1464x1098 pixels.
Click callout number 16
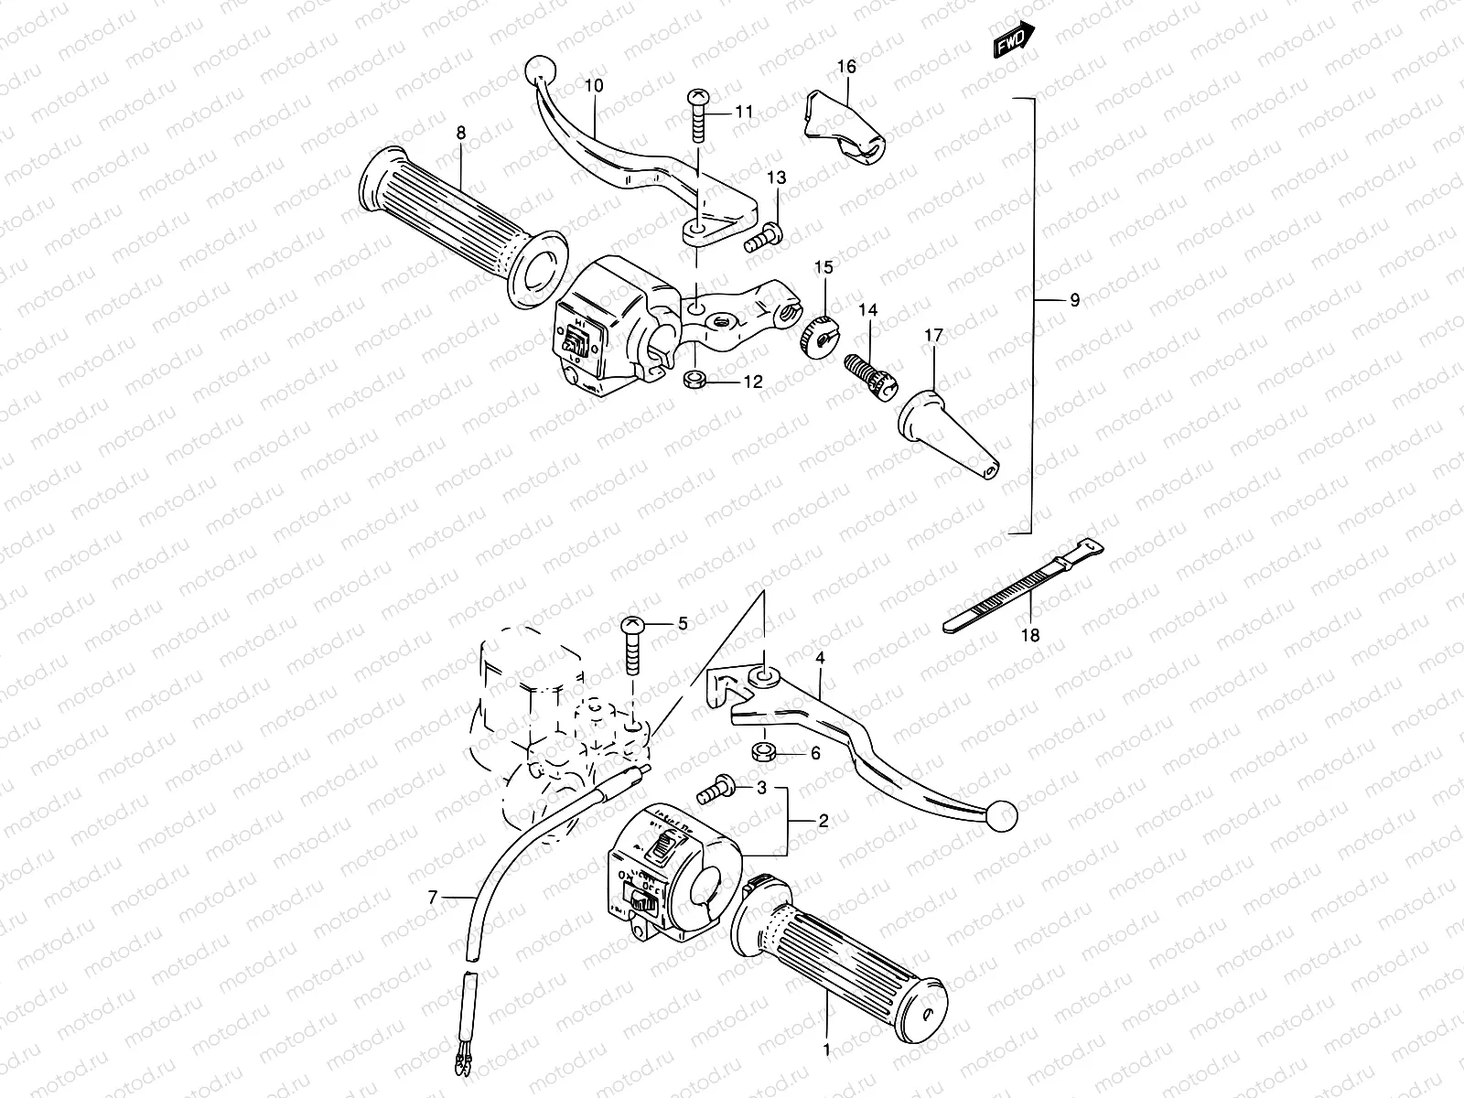[x=846, y=67]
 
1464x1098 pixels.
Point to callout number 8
[x=461, y=134]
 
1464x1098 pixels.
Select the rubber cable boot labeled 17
[x=947, y=430]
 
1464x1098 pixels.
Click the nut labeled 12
[x=694, y=379]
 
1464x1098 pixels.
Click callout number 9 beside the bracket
[x=1074, y=299]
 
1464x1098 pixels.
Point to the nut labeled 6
[x=762, y=753]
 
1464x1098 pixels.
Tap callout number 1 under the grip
[x=826, y=1050]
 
